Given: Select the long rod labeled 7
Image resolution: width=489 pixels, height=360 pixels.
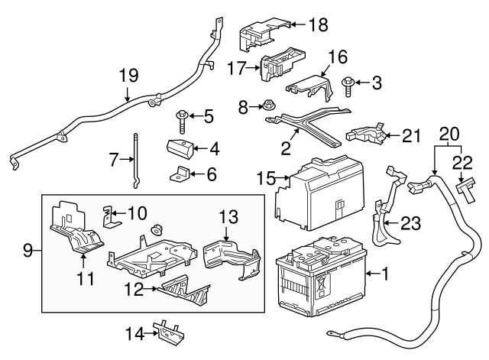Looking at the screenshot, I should pos(134,161).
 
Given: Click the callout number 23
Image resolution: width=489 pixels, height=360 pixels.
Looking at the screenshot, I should pos(410,222).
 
